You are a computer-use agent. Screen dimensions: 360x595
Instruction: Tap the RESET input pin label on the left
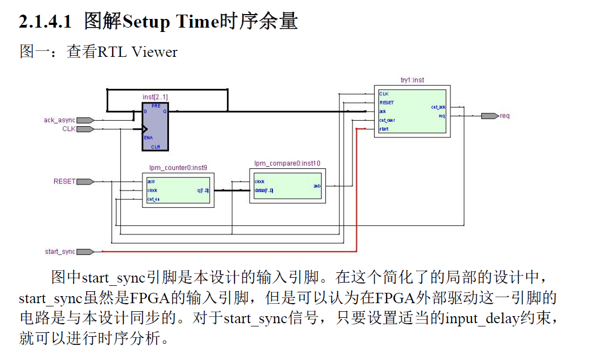[x=64, y=181]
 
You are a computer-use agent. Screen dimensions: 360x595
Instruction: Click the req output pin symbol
[x=489, y=116]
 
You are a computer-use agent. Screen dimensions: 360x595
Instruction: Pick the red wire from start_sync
[x=227, y=252]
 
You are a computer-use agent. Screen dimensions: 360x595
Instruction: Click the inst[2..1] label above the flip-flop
[x=155, y=97]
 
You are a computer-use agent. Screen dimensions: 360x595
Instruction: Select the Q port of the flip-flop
[x=165, y=112]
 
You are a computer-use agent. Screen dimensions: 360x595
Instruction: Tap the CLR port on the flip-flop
[x=155, y=146]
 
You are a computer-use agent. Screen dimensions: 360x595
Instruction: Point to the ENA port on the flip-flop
[x=148, y=138]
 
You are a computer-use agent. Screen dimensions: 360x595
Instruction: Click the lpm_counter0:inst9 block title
[x=178, y=168]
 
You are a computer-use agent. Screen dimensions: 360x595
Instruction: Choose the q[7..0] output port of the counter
[x=204, y=191]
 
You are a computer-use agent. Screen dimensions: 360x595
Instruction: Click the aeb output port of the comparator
[x=317, y=186]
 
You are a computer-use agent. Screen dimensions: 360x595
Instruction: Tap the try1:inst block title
[x=413, y=80]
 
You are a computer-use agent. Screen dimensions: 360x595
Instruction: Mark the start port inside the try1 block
[x=384, y=129]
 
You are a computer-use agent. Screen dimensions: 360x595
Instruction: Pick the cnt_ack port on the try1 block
[x=437, y=107]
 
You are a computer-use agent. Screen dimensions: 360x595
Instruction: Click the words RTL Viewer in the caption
[x=137, y=52]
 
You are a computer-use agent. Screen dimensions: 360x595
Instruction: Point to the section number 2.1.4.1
[x=45, y=22]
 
